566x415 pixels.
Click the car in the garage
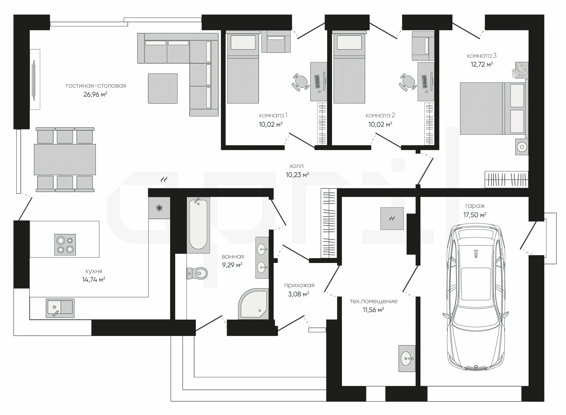475,297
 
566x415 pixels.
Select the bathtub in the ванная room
198,225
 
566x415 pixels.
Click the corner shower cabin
254,304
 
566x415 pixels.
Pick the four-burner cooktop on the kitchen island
65,245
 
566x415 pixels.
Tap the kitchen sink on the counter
60,308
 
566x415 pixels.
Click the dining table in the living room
65,160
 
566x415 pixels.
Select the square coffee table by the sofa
163,89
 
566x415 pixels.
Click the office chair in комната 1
301,82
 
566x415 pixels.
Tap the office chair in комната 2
408,82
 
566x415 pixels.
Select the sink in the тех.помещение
407,358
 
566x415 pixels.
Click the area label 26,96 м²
95,94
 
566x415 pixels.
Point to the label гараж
475,206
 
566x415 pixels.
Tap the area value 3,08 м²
299,294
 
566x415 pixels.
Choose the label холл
296,166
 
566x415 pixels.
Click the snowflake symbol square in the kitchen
159,208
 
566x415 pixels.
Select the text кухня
94,271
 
